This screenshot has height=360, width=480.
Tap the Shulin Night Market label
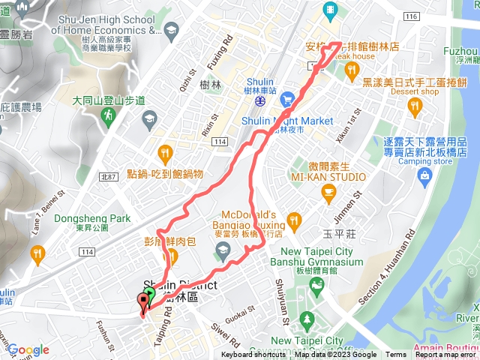coord(287,120)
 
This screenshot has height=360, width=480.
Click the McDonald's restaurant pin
coord(293,220)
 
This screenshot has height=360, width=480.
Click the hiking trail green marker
coord(110,115)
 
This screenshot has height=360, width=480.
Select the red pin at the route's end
coord(142,303)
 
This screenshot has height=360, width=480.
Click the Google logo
coord(28,349)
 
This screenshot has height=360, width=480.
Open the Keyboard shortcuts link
coord(253,355)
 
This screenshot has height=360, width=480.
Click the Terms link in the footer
coord(396,355)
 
